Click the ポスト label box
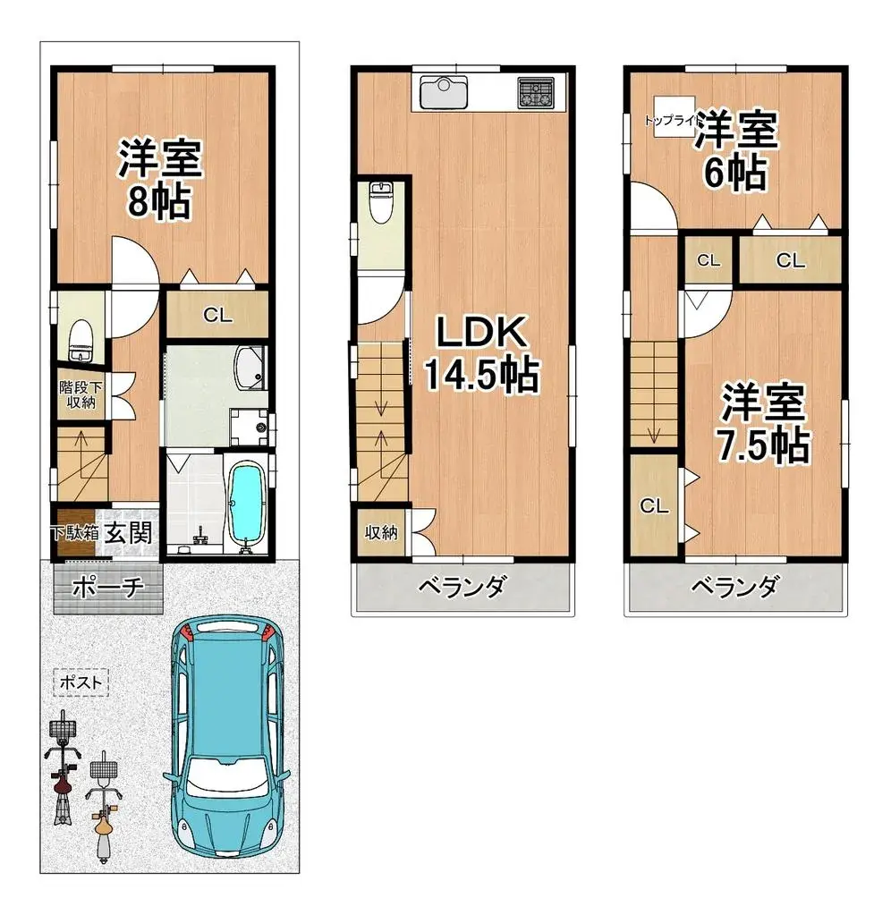point(81,682)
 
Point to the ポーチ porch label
point(107,589)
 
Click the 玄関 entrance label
point(129,533)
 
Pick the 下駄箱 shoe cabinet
point(73,533)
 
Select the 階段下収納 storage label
point(80,394)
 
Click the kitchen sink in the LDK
point(440,91)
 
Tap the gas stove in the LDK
point(535,91)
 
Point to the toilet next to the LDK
point(380,204)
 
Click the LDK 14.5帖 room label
point(479,353)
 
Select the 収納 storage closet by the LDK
point(380,533)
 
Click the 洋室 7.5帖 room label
point(764,423)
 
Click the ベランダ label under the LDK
point(462,588)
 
